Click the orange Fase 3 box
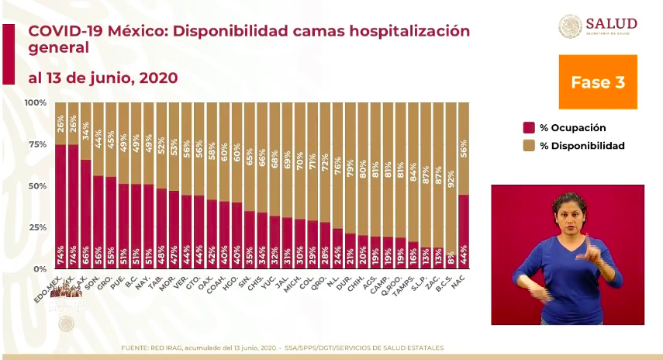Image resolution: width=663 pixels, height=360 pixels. pyautogui.click(x=597, y=81)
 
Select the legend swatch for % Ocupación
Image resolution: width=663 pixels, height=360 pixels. pyautogui.click(x=530, y=128)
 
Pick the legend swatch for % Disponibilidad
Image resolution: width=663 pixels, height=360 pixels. pyautogui.click(x=530, y=145)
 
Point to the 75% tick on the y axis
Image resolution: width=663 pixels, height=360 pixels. pyautogui.click(x=36, y=144)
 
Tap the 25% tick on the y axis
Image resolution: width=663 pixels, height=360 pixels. pyautogui.click(x=36, y=227)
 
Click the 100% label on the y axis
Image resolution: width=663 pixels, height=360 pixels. pyautogui.click(x=35, y=102)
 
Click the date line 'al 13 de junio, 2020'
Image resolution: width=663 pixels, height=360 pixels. pyautogui.click(x=103, y=78)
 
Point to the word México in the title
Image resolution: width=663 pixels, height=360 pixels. pyautogui.click(x=129, y=31)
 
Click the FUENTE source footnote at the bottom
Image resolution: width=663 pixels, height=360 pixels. pyautogui.click(x=282, y=348)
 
